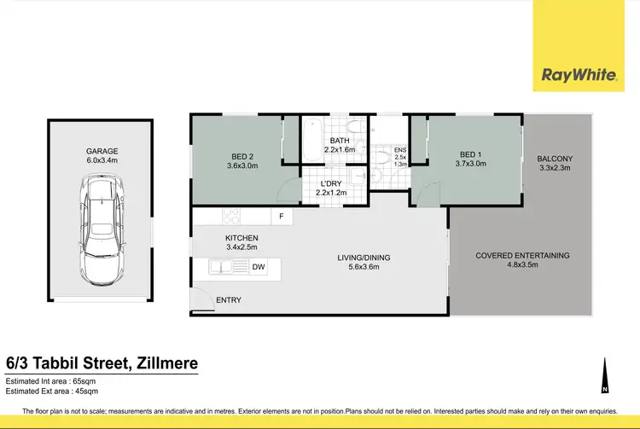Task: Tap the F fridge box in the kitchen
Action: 282,217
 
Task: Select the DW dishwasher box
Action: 258,267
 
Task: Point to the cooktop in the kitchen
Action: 231,217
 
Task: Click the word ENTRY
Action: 229,300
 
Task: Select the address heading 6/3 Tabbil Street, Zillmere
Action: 102,363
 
